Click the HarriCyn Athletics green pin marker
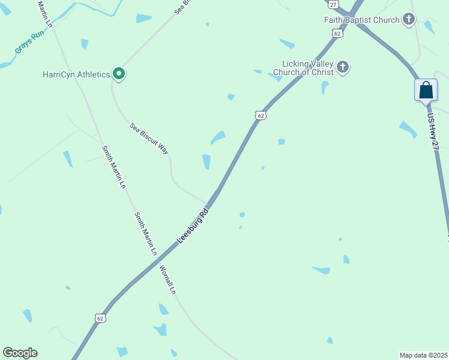[119, 74]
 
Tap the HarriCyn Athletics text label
[76, 74]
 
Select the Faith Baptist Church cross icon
[409, 20]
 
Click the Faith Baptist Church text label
[361, 20]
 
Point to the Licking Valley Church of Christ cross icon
[343, 67]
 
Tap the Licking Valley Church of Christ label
[303, 68]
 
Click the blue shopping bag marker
[426, 91]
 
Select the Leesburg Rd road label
[193, 226]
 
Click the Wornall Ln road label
[167, 280]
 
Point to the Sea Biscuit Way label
[149, 139]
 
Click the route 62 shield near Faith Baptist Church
[338, 34]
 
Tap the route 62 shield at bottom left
[100, 318]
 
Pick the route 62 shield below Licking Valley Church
[259, 115]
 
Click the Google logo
[20, 353]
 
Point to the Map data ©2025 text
[423, 355]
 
